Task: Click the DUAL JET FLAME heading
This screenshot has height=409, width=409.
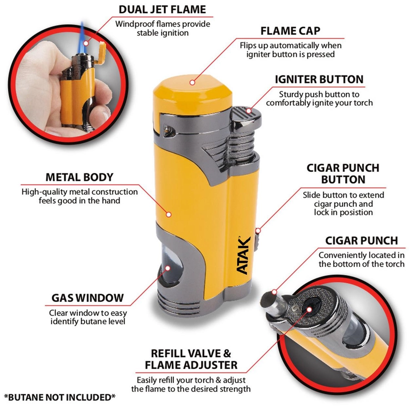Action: [x=162, y=10]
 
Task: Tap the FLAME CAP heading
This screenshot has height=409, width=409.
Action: [x=290, y=31]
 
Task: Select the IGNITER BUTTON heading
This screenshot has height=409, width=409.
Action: [x=319, y=79]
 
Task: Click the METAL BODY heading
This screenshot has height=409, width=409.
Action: [x=79, y=177]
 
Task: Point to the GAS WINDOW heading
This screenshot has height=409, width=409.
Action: [x=87, y=298]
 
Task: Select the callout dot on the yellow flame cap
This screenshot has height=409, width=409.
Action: [x=192, y=82]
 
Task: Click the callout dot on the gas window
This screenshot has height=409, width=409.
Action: [x=168, y=268]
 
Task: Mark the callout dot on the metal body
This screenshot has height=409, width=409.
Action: [x=169, y=214]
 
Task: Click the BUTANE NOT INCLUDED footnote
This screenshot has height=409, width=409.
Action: [x=60, y=397]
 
